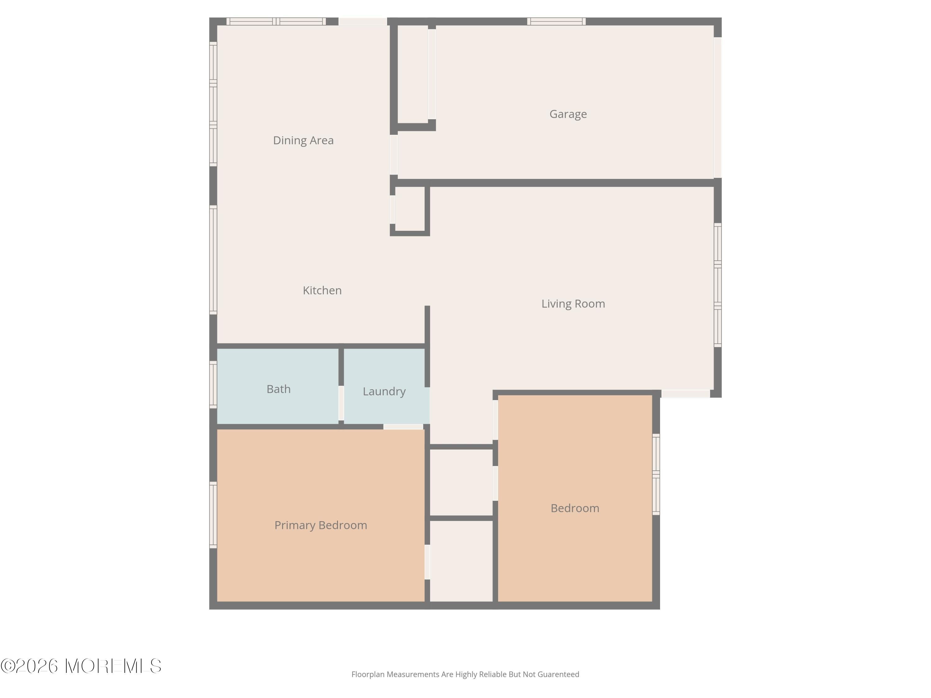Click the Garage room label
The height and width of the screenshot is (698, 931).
(x=568, y=114)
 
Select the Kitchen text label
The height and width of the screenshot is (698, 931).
(x=322, y=290)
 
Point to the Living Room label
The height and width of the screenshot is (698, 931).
(x=573, y=304)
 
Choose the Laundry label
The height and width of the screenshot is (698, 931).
(x=384, y=391)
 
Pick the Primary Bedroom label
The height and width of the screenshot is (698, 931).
(x=320, y=525)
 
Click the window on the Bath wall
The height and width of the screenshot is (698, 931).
(x=214, y=385)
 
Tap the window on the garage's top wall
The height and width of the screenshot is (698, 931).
(x=556, y=21)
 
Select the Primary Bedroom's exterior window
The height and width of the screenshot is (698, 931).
(x=214, y=515)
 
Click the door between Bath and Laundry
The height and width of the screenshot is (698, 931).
(x=341, y=403)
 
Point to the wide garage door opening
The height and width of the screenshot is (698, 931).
(x=717, y=108)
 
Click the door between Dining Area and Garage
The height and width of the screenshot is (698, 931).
(x=394, y=154)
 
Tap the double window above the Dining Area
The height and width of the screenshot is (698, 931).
(x=276, y=21)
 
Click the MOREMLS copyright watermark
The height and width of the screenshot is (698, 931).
(x=81, y=666)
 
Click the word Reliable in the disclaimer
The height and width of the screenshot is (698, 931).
(x=492, y=674)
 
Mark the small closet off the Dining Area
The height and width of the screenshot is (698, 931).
(x=410, y=209)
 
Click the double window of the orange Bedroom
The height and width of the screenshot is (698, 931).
(x=656, y=474)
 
